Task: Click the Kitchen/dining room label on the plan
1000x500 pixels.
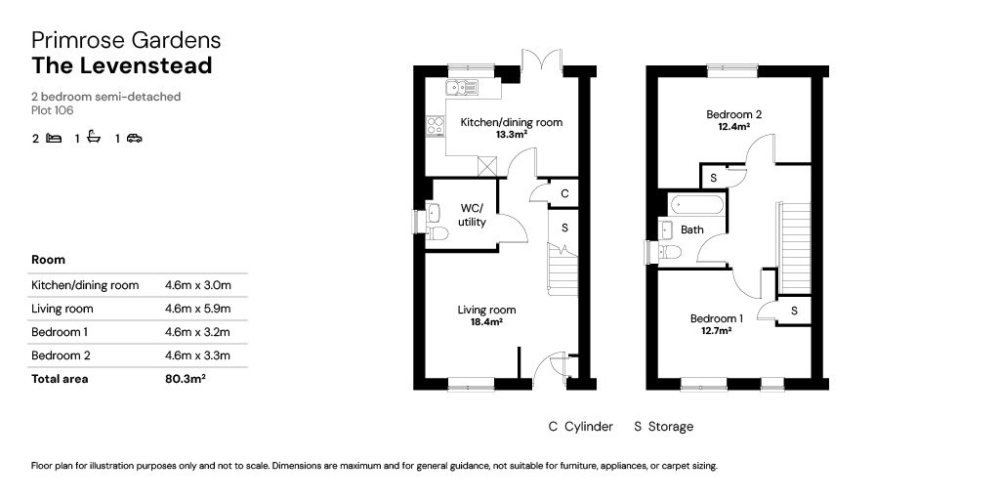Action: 512,122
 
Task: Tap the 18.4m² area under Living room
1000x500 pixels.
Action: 486,322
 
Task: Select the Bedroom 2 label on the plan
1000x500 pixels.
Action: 733,115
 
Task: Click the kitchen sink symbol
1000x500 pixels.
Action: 462,87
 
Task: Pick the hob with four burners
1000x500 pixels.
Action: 436,125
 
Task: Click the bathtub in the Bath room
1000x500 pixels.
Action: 696,206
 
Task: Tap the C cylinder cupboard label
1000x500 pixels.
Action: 564,193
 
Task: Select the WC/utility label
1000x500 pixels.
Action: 473,215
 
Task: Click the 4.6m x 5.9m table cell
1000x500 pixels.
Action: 197,309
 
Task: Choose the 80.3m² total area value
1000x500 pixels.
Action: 185,379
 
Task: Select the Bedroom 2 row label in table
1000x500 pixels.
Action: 60,355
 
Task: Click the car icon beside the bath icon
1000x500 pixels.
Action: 134,139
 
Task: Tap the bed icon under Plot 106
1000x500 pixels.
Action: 54,138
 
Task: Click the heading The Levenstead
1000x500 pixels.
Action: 122,65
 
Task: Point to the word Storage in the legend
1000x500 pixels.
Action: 670,427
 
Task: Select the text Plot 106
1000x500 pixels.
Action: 53,110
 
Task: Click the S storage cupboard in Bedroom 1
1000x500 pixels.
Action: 794,312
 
